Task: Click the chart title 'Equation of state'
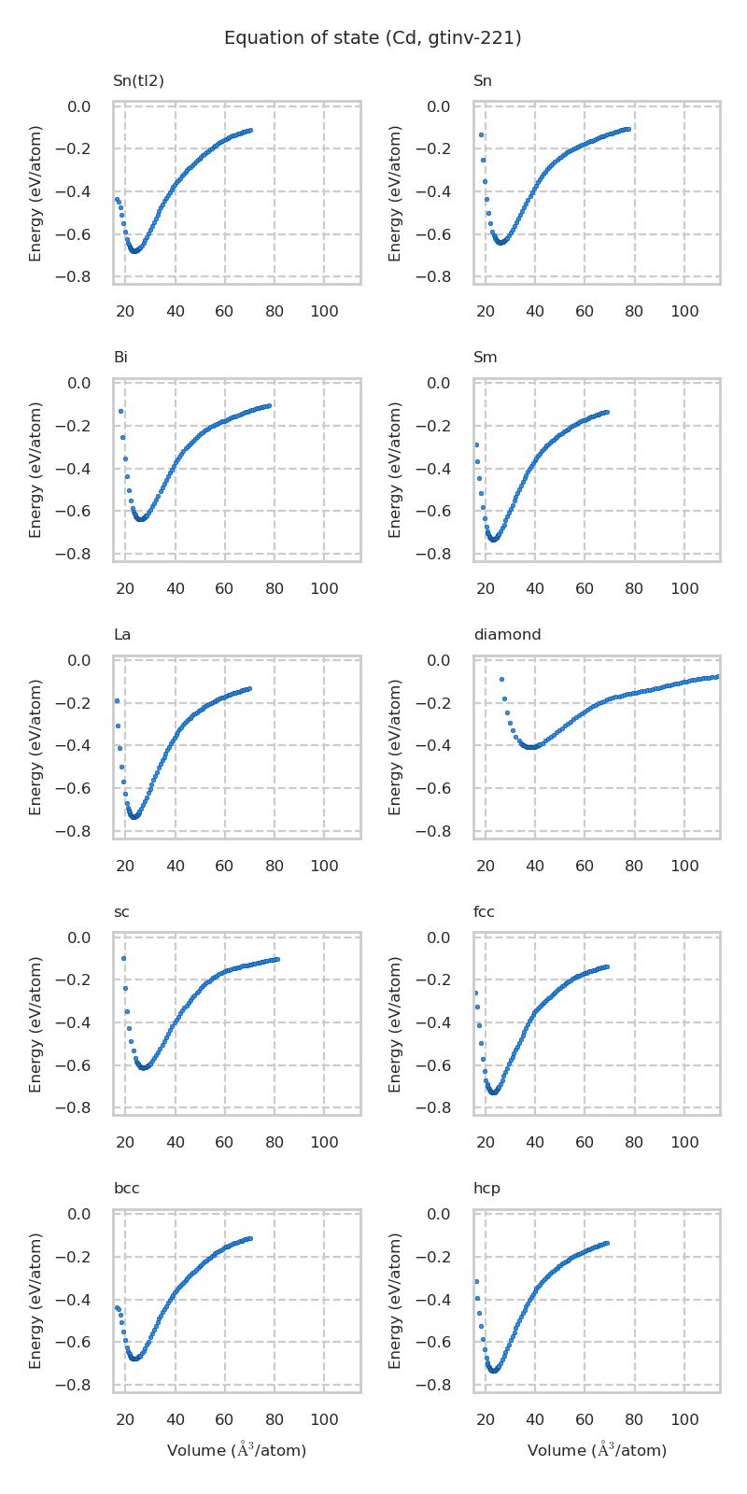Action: point(373,38)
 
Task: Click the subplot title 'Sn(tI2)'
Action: point(138,81)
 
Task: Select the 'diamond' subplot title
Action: point(507,635)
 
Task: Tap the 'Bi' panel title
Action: point(120,358)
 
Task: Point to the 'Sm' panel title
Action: point(486,358)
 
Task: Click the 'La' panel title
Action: point(122,635)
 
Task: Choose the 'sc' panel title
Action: point(121,912)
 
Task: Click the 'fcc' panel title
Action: point(484,912)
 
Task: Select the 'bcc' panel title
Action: point(127,1189)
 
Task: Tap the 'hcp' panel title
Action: point(486,1189)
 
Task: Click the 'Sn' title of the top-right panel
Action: point(483,81)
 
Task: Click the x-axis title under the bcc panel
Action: point(236,1450)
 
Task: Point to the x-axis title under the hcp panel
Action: point(597,1450)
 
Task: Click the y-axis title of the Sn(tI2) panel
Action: point(35,192)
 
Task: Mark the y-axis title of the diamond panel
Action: point(396,747)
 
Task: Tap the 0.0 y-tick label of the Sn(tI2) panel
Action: point(78,106)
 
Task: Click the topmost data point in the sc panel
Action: point(123,958)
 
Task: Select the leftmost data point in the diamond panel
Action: point(501,679)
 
